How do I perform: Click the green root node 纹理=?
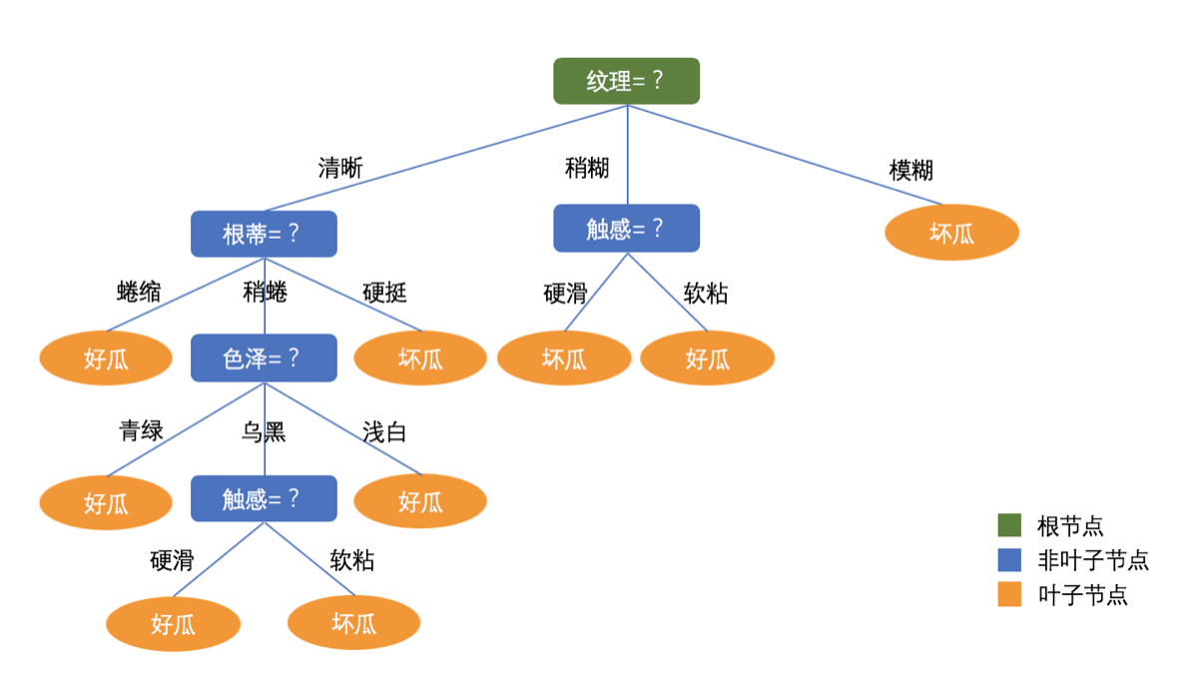626,81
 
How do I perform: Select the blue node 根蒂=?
264,234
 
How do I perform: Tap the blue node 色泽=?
264,357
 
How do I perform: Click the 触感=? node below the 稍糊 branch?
626,228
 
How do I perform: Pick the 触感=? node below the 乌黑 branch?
264,498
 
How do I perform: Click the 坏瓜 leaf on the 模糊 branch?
951,233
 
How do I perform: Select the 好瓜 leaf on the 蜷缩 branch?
106,357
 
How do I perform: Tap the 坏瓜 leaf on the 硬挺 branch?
420,357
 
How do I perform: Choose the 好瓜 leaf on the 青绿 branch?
106,501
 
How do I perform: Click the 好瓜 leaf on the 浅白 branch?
420,500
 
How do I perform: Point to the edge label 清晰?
340,168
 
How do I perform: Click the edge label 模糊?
910,170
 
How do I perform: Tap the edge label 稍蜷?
265,292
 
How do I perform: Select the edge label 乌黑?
264,432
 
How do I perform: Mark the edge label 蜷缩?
139,292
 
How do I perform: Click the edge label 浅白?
384,432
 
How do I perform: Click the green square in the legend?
1009,525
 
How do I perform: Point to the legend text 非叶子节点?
1093,560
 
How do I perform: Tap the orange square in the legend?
1009,595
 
